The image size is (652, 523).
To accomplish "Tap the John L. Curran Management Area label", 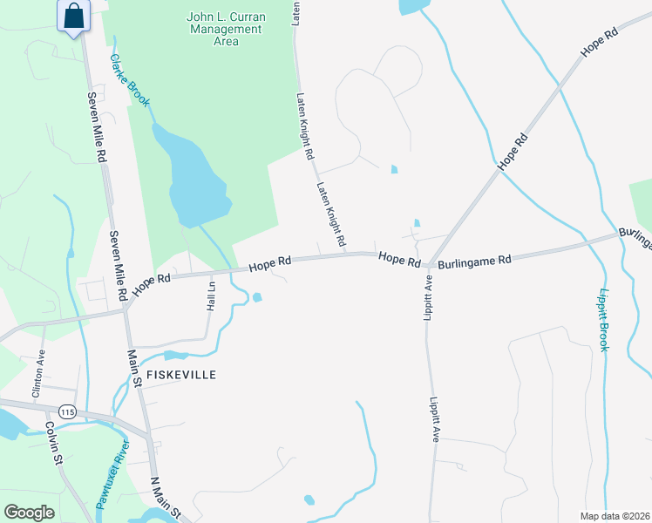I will click(x=225, y=29).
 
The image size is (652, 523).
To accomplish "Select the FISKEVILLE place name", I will click(x=180, y=374).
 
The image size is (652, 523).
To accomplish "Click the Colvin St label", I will click(x=53, y=441).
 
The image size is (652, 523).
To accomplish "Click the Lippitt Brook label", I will click(x=604, y=320).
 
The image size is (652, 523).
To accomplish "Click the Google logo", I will click(x=30, y=513).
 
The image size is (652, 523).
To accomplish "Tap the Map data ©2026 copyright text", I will click(x=615, y=516).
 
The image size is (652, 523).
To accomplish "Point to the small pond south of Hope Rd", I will click(x=256, y=298).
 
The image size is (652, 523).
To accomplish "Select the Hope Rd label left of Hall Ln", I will click(x=152, y=282).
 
